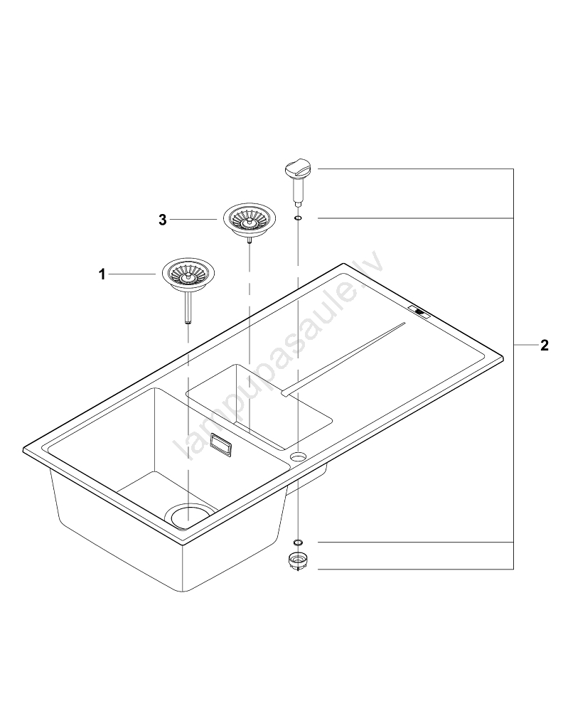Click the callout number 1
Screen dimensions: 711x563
pos(102,274)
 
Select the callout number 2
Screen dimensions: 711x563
pos(544,346)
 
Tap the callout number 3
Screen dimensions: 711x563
pos(163,220)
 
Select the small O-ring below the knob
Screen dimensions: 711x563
pos(299,218)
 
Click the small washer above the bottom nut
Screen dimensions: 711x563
pos(299,542)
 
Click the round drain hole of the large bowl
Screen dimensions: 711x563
pos(190,513)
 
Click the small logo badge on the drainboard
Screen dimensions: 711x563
pos(419,311)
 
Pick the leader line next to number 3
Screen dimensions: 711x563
pos(193,220)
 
